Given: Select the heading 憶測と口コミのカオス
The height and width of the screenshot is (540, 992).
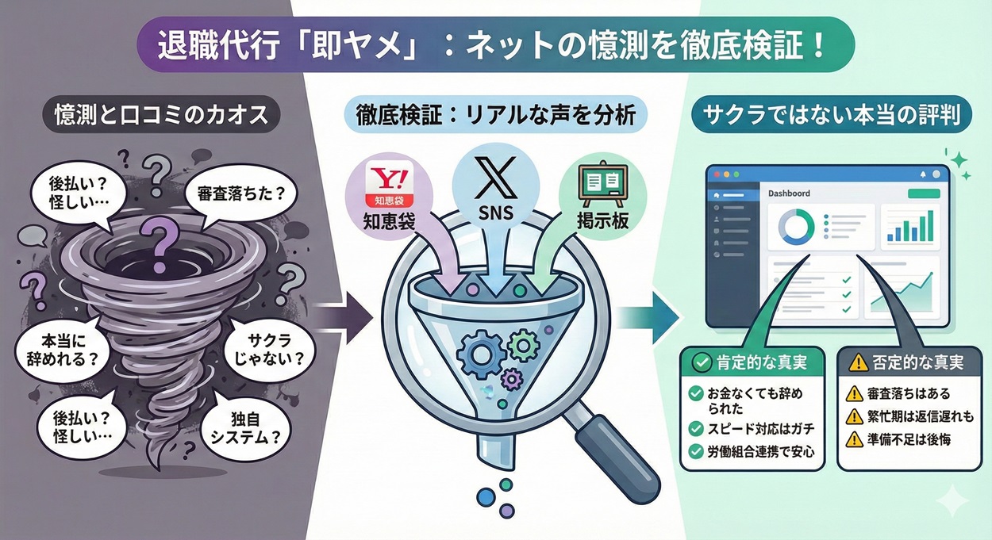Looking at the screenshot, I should tap(150, 116).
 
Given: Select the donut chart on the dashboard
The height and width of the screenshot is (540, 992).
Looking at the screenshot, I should tap(797, 227).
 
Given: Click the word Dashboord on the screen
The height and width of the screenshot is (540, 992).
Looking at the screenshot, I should tap(789, 193).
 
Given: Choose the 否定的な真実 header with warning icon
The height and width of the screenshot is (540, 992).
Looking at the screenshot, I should tap(905, 362).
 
